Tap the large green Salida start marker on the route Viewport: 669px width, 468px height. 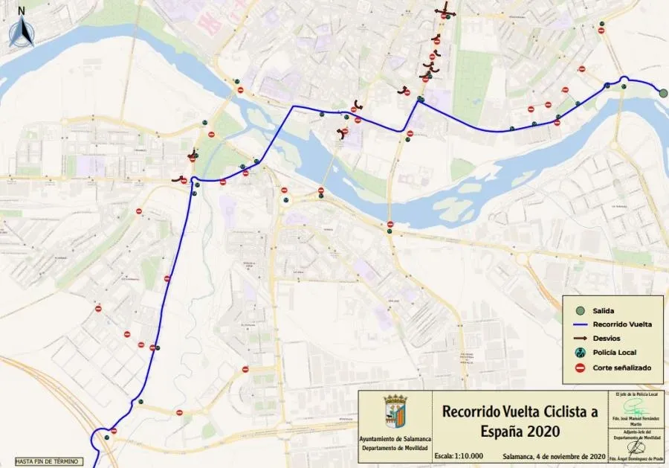coord(662,92)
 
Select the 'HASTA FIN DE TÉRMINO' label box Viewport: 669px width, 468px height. coord(45,461)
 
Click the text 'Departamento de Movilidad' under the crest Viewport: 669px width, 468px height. coord(393,448)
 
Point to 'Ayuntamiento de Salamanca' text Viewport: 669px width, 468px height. coord(393,440)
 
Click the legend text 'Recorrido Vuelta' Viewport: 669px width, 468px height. coord(623,324)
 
